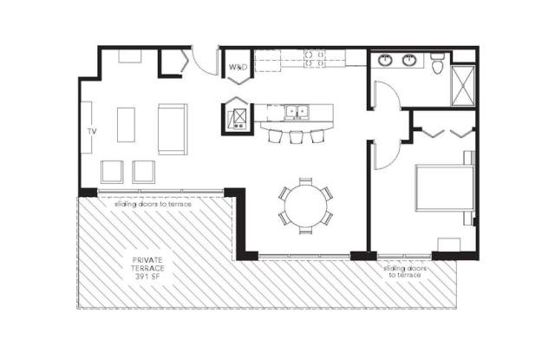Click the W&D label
238,67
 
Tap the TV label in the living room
92,131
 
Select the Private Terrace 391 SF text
148,268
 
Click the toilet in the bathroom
437,63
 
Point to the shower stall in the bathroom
463,85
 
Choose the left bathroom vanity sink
385,60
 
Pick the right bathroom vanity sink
408,60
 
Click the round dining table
305,206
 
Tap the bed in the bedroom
445,187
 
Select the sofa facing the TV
173,129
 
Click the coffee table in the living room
126,125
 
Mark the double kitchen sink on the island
297,112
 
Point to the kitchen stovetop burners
314,59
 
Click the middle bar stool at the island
297,137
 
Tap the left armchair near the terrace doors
112,172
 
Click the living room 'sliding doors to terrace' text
153,204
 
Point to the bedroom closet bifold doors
444,132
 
